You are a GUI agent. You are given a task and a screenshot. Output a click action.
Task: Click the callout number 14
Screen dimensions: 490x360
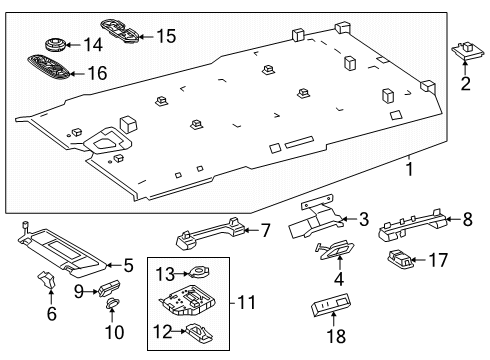(93, 45)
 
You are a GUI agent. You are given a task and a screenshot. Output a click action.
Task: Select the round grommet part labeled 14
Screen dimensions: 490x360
(55, 44)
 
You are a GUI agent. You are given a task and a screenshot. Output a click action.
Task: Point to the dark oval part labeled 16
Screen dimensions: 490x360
(49, 68)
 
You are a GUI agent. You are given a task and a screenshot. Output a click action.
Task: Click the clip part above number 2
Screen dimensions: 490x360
(468, 50)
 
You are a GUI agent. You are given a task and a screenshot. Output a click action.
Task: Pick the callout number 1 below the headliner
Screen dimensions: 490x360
(409, 169)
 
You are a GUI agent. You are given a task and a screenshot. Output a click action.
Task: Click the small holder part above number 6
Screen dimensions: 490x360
(47, 279)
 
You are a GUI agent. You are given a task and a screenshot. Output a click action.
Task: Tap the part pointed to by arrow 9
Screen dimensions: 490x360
(109, 287)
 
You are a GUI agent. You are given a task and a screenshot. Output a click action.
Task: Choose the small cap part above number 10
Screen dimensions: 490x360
(112, 302)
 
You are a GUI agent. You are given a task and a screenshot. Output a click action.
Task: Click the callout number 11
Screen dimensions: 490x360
(246, 302)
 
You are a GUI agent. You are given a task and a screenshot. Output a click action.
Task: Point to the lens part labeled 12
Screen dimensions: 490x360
(199, 332)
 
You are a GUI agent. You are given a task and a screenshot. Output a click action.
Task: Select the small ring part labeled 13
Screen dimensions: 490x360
(199, 272)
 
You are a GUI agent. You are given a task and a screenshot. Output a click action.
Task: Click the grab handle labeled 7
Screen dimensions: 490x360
(211, 233)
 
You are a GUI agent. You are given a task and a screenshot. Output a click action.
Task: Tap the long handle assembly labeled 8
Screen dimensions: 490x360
(412, 225)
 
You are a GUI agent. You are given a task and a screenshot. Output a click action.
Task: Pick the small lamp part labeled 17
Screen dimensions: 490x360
(400, 259)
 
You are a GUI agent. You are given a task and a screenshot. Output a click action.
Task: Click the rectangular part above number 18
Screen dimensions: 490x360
(330, 304)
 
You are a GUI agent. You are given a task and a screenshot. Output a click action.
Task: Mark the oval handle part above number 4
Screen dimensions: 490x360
(334, 250)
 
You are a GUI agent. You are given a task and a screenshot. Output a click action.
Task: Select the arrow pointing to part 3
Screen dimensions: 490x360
(349, 219)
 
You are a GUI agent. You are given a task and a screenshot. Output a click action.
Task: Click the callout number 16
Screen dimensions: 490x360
(97, 73)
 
